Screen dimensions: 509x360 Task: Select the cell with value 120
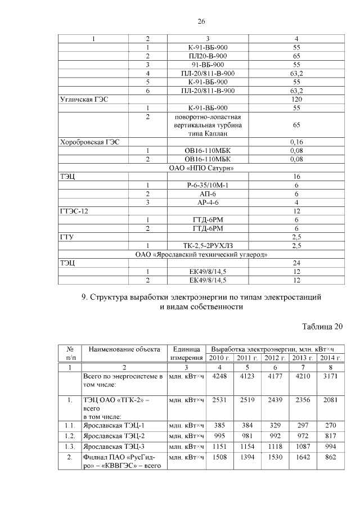point(296,99)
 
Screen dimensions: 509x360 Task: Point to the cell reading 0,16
point(296,143)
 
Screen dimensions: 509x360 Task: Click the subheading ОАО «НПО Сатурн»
point(201,168)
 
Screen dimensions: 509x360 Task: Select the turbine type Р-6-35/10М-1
point(201,185)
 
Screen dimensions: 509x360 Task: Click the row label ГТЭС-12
point(74,211)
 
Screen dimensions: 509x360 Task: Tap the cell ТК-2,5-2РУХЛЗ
point(201,245)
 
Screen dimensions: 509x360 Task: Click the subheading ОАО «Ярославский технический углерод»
point(201,254)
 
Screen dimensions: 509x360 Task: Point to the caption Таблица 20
point(322,327)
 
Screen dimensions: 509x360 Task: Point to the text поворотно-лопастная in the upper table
point(201,117)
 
